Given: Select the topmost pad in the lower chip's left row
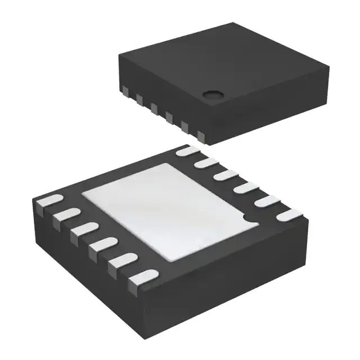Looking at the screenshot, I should click(49, 201).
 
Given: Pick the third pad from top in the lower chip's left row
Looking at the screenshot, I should click(83, 229).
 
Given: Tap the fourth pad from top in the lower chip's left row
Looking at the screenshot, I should click(101, 244).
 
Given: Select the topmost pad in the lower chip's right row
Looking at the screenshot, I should click(187, 151).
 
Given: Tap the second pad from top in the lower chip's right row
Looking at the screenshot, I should click(206, 163).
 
